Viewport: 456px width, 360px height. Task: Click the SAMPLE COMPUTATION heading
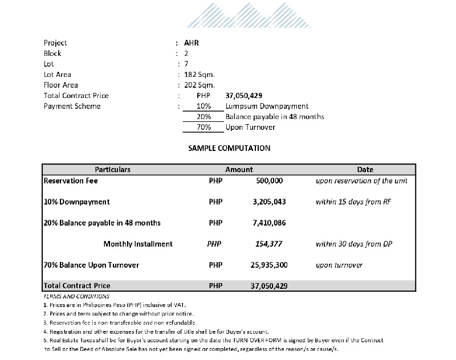229,148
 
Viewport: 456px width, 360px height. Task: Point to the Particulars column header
112,170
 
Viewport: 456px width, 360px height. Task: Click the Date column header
365,170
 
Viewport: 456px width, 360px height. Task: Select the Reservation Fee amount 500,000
267,181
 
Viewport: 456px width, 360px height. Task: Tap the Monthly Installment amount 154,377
269,244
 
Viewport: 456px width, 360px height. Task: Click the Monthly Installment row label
138,244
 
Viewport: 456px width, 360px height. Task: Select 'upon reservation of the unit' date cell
362,181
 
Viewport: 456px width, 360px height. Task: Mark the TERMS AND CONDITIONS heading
76,296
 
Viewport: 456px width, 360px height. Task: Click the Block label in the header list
52,53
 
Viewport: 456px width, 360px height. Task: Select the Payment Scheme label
72,106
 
